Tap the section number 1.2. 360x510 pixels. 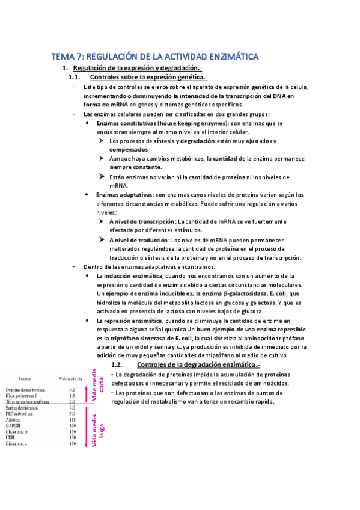[x=117, y=364]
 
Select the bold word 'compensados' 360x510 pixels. [x=129, y=149]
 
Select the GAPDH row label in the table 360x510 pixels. [x=12, y=426]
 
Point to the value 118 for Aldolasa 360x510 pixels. [x=72, y=420]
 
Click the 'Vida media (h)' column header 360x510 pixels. [x=71, y=379]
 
